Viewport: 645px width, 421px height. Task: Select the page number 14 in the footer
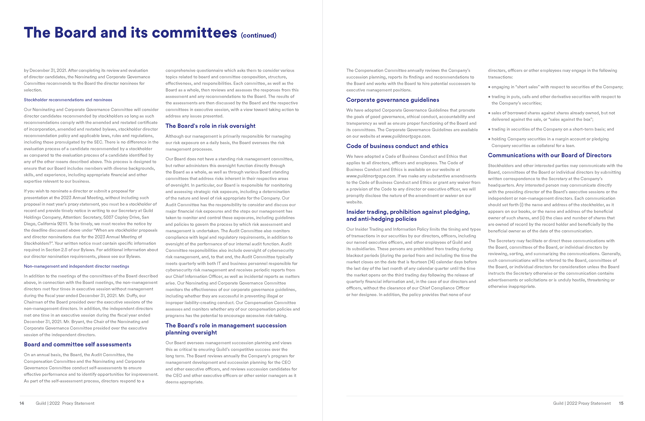[x=22, y=403]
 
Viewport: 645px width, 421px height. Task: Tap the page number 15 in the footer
[x=621, y=403]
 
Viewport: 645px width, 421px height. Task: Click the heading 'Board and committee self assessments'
[x=78, y=344]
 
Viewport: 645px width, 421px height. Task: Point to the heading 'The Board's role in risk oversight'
[x=210, y=126]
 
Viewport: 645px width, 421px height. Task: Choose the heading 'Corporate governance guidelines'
[x=392, y=100]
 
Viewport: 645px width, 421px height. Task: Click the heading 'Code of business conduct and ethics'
[x=397, y=146]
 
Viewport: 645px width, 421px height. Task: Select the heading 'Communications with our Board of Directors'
[x=550, y=155]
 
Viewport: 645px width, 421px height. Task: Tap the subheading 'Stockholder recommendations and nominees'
[x=68, y=100]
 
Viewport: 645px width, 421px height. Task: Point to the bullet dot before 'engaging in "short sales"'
[x=489, y=87]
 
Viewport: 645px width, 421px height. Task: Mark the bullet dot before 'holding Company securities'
[x=489, y=139]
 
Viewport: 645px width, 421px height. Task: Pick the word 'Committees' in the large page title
[x=194, y=33]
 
